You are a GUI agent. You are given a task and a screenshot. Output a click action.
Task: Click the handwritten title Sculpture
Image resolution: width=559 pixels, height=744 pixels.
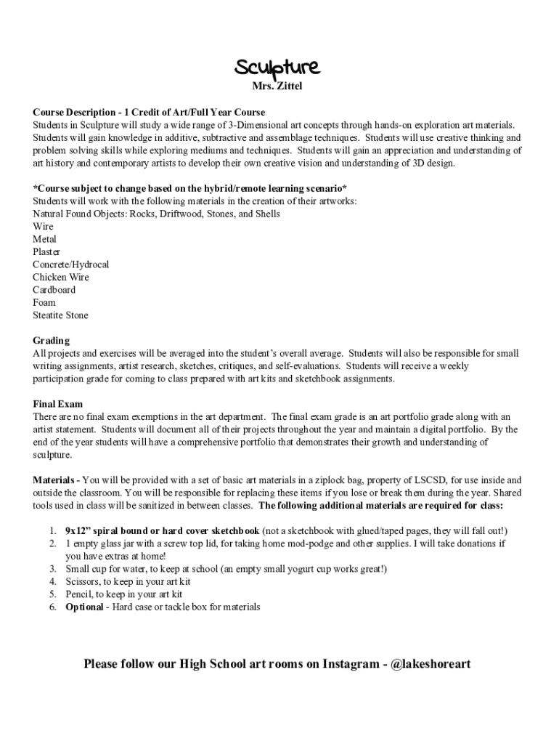pyautogui.click(x=276, y=68)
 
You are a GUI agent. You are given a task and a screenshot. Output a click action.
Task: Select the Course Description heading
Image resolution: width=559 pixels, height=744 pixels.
pyautogui.click(x=74, y=113)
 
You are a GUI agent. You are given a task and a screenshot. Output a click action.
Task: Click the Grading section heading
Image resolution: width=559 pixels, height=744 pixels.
pyautogui.click(x=51, y=341)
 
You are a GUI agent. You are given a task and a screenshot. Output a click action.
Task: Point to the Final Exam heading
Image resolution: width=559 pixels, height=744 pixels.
pyautogui.click(x=57, y=404)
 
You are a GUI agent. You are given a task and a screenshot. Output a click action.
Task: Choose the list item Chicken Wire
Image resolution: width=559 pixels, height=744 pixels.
pyautogui.click(x=61, y=277)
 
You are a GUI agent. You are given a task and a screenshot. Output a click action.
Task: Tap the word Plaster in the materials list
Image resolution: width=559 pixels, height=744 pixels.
pyautogui.click(x=46, y=251)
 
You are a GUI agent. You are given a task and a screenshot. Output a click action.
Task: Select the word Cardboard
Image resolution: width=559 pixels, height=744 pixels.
pyautogui.click(x=54, y=290)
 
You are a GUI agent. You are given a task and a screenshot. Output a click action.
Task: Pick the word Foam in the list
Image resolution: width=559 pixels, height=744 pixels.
pyautogui.click(x=44, y=302)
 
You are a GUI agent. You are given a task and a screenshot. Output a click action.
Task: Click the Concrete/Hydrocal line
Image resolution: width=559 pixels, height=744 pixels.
pyautogui.click(x=70, y=264)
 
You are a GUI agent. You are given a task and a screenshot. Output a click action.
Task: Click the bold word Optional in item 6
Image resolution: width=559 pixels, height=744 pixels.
pyautogui.click(x=84, y=607)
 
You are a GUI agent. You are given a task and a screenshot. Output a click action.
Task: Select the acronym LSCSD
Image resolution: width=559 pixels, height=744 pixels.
pyautogui.click(x=430, y=480)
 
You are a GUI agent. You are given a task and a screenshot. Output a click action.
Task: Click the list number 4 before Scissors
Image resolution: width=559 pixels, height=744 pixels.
pyautogui.click(x=53, y=582)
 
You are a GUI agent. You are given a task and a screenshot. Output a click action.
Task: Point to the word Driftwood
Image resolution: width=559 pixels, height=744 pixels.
pyautogui.click(x=177, y=214)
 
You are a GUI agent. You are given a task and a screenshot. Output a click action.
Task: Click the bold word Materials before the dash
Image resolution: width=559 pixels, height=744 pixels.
pyautogui.click(x=54, y=480)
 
